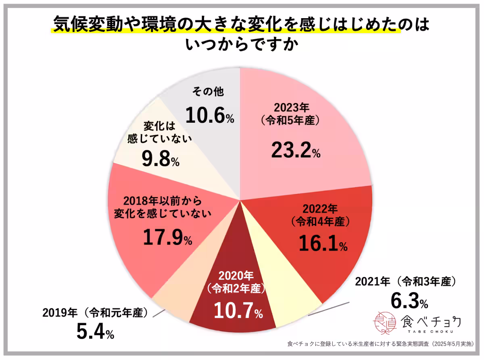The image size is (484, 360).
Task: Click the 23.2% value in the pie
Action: tap(295, 150)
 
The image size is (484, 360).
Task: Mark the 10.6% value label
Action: tap(209, 116)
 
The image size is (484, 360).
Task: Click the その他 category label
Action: tap(208, 92)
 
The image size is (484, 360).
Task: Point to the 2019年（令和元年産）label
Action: tap(95, 313)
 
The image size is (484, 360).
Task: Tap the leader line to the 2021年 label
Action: tap(327, 308)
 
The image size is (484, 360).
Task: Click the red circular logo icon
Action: tap(385, 322)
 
